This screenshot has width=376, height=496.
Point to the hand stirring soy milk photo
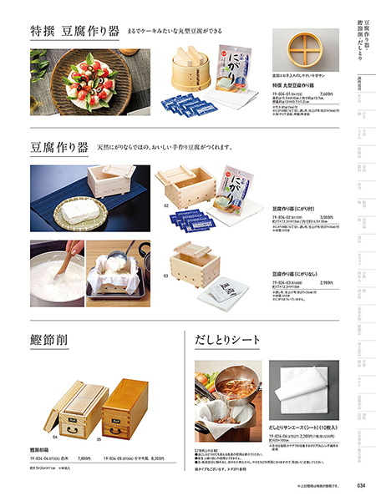56,272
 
